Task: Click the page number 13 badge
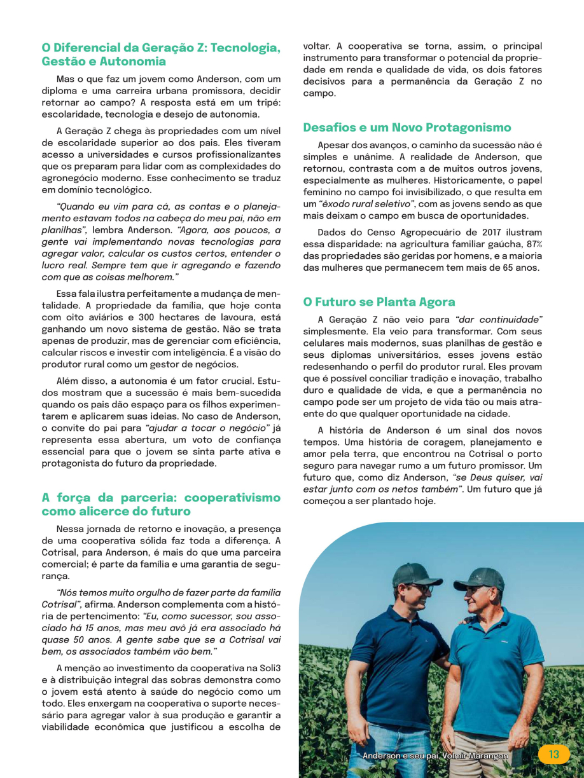click(x=553, y=754)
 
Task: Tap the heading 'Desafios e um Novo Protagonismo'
click(x=407, y=128)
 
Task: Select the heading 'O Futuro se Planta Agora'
click(x=379, y=302)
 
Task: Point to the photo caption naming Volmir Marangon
click(x=435, y=756)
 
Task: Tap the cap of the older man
click(x=480, y=578)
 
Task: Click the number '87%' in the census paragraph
click(x=534, y=245)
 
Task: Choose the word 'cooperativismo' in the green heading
click(x=228, y=498)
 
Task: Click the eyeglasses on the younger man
click(x=423, y=589)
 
